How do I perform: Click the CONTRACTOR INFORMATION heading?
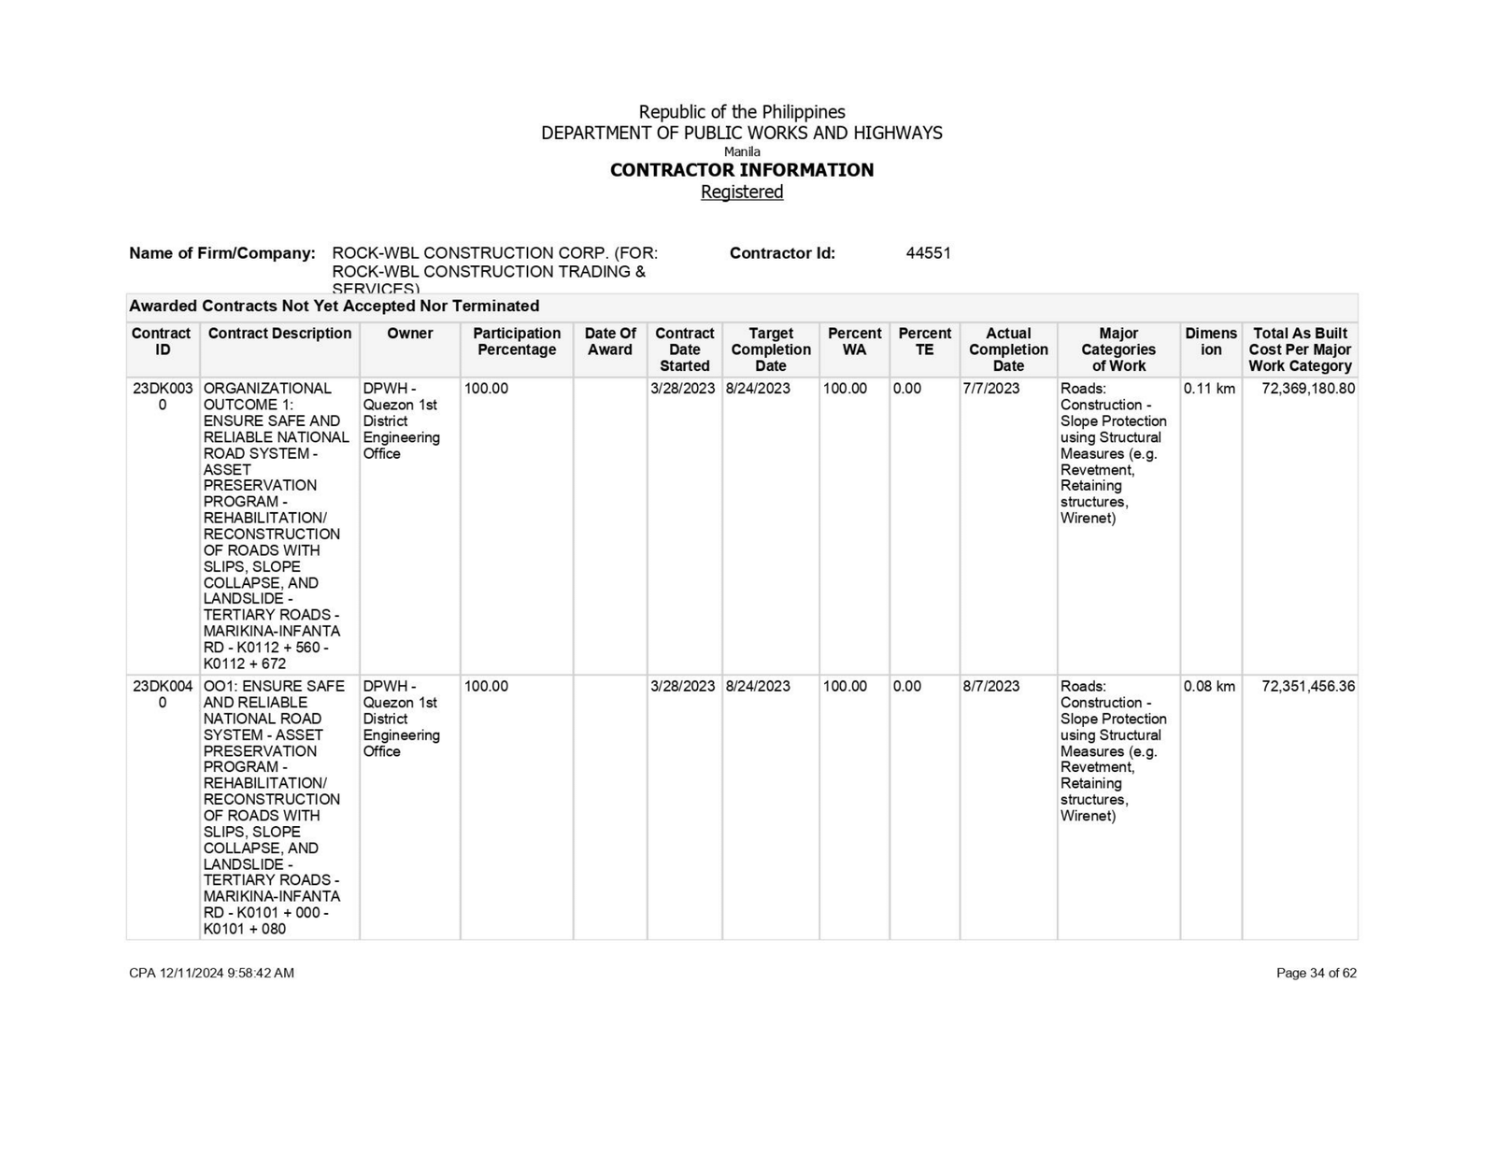point(742,170)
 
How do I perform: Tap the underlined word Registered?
point(742,192)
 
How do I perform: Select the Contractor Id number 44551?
point(928,253)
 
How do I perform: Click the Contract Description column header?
point(279,334)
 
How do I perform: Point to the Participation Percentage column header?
point(517,341)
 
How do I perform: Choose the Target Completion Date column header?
point(771,349)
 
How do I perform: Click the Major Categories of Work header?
point(1118,349)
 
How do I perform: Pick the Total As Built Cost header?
point(1300,349)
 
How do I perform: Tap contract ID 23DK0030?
point(163,396)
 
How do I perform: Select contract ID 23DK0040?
point(163,694)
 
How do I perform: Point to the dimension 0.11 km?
point(1209,389)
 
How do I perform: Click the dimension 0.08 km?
point(1209,687)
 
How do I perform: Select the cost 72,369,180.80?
point(1307,389)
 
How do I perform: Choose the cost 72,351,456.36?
point(1307,687)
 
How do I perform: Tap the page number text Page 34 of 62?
point(1316,973)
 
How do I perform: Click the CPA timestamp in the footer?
point(211,973)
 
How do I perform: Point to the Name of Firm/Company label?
point(222,253)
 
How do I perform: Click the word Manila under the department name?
point(742,151)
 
